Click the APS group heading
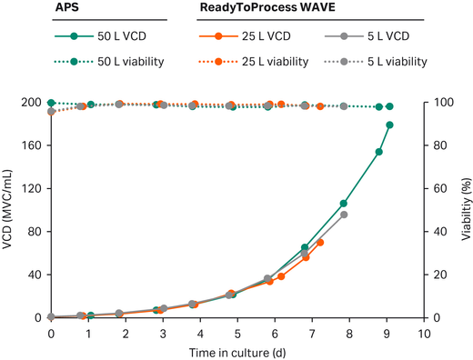click(x=16, y=9)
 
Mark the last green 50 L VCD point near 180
click(x=389, y=125)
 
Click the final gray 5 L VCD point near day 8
click(x=343, y=215)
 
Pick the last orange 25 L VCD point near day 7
click(x=320, y=242)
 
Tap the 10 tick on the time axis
click(x=424, y=334)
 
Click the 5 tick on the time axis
click(x=237, y=334)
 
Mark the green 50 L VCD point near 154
click(x=378, y=152)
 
